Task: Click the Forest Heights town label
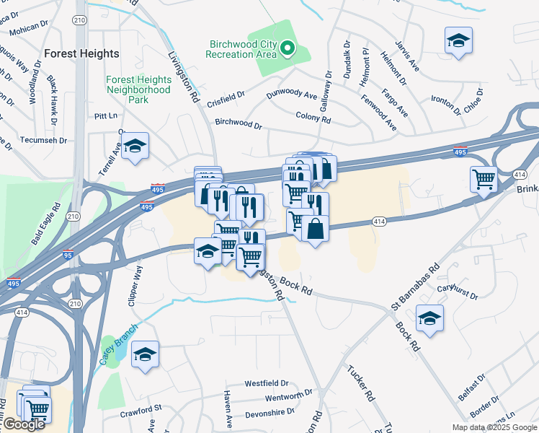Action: point(81,53)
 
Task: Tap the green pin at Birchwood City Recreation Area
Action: point(288,48)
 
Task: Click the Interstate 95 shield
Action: point(76,253)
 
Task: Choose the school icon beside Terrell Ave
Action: point(135,146)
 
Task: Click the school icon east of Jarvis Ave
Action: point(458,41)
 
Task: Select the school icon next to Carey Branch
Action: point(145,354)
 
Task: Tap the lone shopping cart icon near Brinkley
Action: point(484,178)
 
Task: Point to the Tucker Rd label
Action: point(362,383)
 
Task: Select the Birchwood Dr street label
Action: point(239,123)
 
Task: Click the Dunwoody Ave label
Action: point(292,95)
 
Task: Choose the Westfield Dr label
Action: point(266,383)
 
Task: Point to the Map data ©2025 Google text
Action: point(494,427)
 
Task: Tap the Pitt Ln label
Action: point(105,115)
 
